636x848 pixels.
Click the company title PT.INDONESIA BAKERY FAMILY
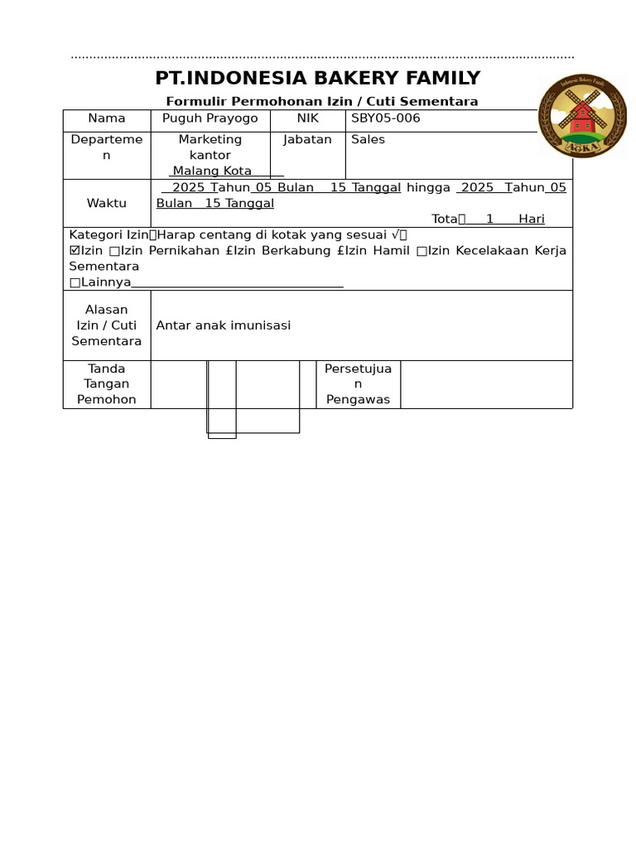click(x=318, y=79)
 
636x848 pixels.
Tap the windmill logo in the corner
click(x=583, y=115)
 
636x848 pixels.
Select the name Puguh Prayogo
click(x=210, y=118)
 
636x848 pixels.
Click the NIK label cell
click(x=307, y=118)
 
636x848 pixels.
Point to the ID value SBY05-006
click(x=386, y=118)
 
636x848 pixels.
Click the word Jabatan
click(x=307, y=140)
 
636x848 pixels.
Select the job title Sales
click(x=369, y=140)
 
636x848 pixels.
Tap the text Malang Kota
click(x=212, y=171)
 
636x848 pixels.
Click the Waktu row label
click(x=107, y=204)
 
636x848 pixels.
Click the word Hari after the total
click(x=532, y=219)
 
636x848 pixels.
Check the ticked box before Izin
click(x=75, y=251)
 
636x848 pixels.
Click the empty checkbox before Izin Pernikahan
click(x=114, y=251)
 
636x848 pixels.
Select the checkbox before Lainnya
click(x=75, y=282)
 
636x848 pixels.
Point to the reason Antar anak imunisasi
click(x=224, y=325)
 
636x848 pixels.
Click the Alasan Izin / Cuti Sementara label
click(x=107, y=325)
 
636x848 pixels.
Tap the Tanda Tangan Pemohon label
click(x=107, y=384)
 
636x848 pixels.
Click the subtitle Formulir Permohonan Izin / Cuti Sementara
click(x=322, y=102)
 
